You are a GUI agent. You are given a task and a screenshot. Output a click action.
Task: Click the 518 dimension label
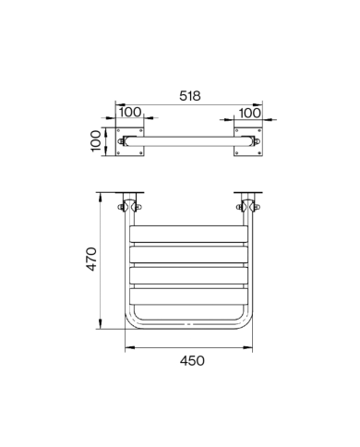(190, 96)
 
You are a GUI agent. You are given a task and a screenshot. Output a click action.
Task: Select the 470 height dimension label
(91, 259)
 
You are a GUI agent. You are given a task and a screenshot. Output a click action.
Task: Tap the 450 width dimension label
(192, 361)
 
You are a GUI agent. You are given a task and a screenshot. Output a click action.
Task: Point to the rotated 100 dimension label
(96, 140)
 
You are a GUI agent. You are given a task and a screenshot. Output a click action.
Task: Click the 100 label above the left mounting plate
(130, 112)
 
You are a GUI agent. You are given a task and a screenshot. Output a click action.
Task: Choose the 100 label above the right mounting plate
(249, 113)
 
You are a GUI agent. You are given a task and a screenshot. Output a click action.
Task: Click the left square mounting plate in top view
(129, 141)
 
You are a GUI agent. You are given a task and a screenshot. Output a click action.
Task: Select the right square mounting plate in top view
(248, 141)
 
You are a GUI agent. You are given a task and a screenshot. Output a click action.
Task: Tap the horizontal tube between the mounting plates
(188, 141)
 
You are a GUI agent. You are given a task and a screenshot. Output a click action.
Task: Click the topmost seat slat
(188, 234)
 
